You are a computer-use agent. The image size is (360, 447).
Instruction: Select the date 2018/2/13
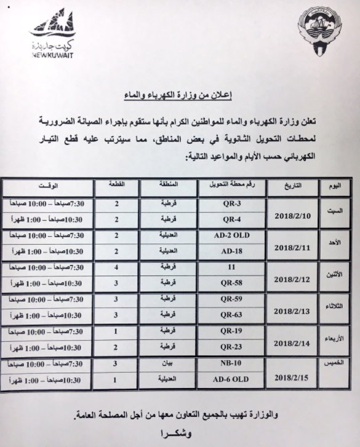[x=293, y=312]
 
